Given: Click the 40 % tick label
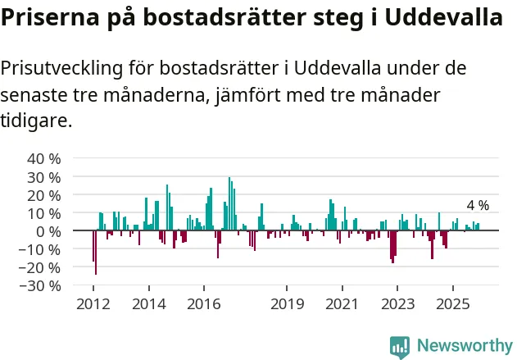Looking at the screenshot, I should (43, 158).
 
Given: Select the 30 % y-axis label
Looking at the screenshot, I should (43, 176).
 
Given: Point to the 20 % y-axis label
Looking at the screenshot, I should (43, 195).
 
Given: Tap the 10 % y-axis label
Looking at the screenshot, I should (43, 213).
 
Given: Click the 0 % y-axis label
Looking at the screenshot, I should (48, 231).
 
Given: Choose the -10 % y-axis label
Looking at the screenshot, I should (40, 249).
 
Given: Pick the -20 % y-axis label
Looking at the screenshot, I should (40, 267).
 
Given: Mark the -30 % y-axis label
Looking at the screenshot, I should (40, 285).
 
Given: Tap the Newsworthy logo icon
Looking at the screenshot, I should (400, 346).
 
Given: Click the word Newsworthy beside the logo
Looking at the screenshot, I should (464, 346).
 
